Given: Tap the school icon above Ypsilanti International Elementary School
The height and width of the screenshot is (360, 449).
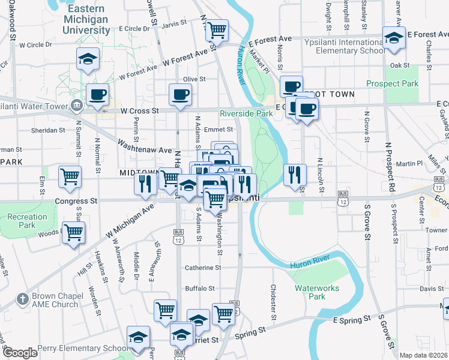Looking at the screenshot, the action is pos(394,37).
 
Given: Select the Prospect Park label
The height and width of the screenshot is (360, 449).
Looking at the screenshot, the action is pos(393,83).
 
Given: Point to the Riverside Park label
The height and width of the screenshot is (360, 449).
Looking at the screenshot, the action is pos(246,113).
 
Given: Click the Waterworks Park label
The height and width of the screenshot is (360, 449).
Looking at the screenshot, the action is pos(317,292).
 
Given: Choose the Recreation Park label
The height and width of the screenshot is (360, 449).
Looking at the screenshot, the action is pos(28,221).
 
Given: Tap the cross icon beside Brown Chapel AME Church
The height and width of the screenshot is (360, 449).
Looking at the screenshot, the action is pos(22,298).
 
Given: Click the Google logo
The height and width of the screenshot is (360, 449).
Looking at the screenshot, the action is pos(20,353).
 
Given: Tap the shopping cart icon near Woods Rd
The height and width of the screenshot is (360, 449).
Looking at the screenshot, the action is pos(73,232).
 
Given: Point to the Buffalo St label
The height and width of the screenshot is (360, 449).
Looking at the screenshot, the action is pos(199,289).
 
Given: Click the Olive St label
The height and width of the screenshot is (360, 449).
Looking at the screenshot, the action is pos(194,79).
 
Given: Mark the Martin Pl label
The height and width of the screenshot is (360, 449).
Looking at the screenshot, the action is pos(409,163).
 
